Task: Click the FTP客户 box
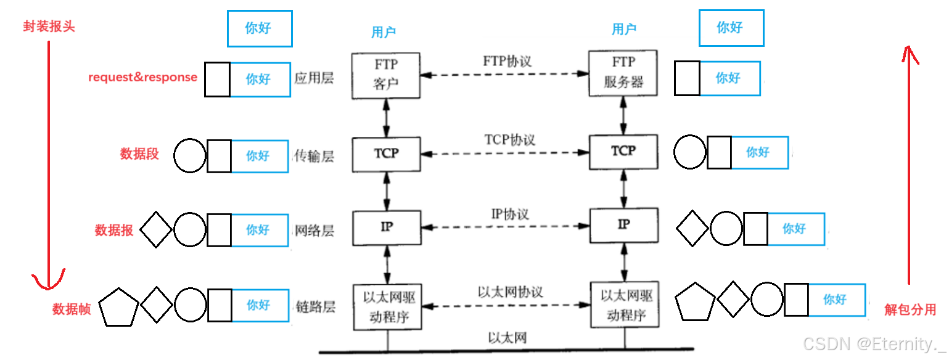pyautogui.click(x=386, y=75)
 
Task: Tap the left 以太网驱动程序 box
pyautogui.click(x=386, y=306)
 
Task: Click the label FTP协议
pyautogui.click(x=507, y=62)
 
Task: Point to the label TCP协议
pyautogui.click(x=509, y=139)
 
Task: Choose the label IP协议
pyautogui.click(x=509, y=215)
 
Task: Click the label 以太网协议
pyautogui.click(x=510, y=292)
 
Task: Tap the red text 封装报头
pyautogui.click(x=49, y=27)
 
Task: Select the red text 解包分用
pyautogui.click(x=910, y=309)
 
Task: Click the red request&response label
pyautogui.click(x=142, y=78)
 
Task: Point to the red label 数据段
pyautogui.click(x=139, y=154)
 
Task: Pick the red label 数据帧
pyautogui.click(x=72, y=309)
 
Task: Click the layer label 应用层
pyautogui.click(x=314, y=79)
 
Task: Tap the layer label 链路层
pyautogui.click(x=314, y=306)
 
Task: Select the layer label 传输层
pyautogui.click(x=314, y=157)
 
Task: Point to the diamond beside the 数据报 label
pyautogui.click(x=156, y=230)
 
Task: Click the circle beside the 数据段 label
pyautogui.click(x=189, y=155)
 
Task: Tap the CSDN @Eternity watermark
pyautogui.click(x=875, y=343)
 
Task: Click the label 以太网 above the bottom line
pyautogui.click(x=507, y=337)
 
